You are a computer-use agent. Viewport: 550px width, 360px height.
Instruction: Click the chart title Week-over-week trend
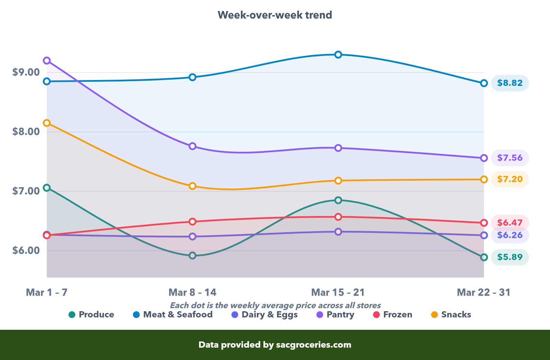pos(275,15)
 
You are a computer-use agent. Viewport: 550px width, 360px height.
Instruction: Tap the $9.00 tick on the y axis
pos(26,72)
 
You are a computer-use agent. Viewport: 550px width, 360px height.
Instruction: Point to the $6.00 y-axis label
pos(26,250)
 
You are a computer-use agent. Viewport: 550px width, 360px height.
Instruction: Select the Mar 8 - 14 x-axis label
pos(192,292)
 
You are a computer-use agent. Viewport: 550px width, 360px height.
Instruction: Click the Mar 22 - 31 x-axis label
pos(483,292)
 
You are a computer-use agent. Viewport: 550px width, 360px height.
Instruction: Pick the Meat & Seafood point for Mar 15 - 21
pos(338,55)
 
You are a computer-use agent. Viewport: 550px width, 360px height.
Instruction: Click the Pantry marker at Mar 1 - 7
pos(47,61)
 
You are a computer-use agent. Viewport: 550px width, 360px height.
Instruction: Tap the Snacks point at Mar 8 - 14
pos(192,186)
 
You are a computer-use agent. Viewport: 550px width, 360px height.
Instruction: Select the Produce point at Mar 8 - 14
pos(192,256)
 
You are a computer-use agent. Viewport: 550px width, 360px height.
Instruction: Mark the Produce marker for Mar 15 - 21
pos(338,200)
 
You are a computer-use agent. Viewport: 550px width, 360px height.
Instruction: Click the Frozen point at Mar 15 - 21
pos(338,217)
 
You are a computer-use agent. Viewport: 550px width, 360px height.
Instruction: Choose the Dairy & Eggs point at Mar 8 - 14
pos(192,237)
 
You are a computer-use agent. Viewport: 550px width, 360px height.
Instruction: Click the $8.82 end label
pos(509,83)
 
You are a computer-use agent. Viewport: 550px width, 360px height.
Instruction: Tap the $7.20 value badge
pos(509,179)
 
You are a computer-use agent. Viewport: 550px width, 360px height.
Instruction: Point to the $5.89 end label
pos(509,257)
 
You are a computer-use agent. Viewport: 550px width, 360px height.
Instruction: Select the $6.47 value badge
pos(509,223)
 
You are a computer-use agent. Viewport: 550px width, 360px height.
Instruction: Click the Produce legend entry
pos(91,315)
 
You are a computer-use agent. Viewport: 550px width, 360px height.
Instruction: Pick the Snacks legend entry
pos(451,315)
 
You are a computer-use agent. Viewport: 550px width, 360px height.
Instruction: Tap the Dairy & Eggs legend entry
pos(265,315)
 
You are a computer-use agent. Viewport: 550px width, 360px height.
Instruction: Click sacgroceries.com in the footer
pos(313,345)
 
